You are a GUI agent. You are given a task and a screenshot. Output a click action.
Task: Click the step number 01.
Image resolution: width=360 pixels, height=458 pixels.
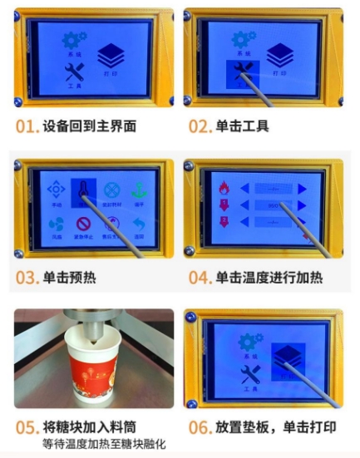(27, 128)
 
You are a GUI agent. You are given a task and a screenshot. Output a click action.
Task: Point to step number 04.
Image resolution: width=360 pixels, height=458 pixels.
(200, 278)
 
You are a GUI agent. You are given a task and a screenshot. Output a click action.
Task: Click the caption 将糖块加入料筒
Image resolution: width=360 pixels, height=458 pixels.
(91, 428)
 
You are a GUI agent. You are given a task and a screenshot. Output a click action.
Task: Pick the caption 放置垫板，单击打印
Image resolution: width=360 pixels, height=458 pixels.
(275, 428)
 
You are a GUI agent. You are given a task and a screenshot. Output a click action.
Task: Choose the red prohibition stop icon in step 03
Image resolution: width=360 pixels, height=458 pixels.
(83, 224)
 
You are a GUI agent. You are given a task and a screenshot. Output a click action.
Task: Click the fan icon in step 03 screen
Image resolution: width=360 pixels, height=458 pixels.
(56, 224)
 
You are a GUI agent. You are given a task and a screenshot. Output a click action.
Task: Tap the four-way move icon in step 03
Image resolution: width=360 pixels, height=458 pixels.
(56, 190)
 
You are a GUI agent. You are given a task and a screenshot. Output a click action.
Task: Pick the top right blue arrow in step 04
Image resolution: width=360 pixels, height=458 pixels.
(302, 189)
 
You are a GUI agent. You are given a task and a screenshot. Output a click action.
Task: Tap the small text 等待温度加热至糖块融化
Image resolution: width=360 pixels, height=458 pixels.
(98, 445)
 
